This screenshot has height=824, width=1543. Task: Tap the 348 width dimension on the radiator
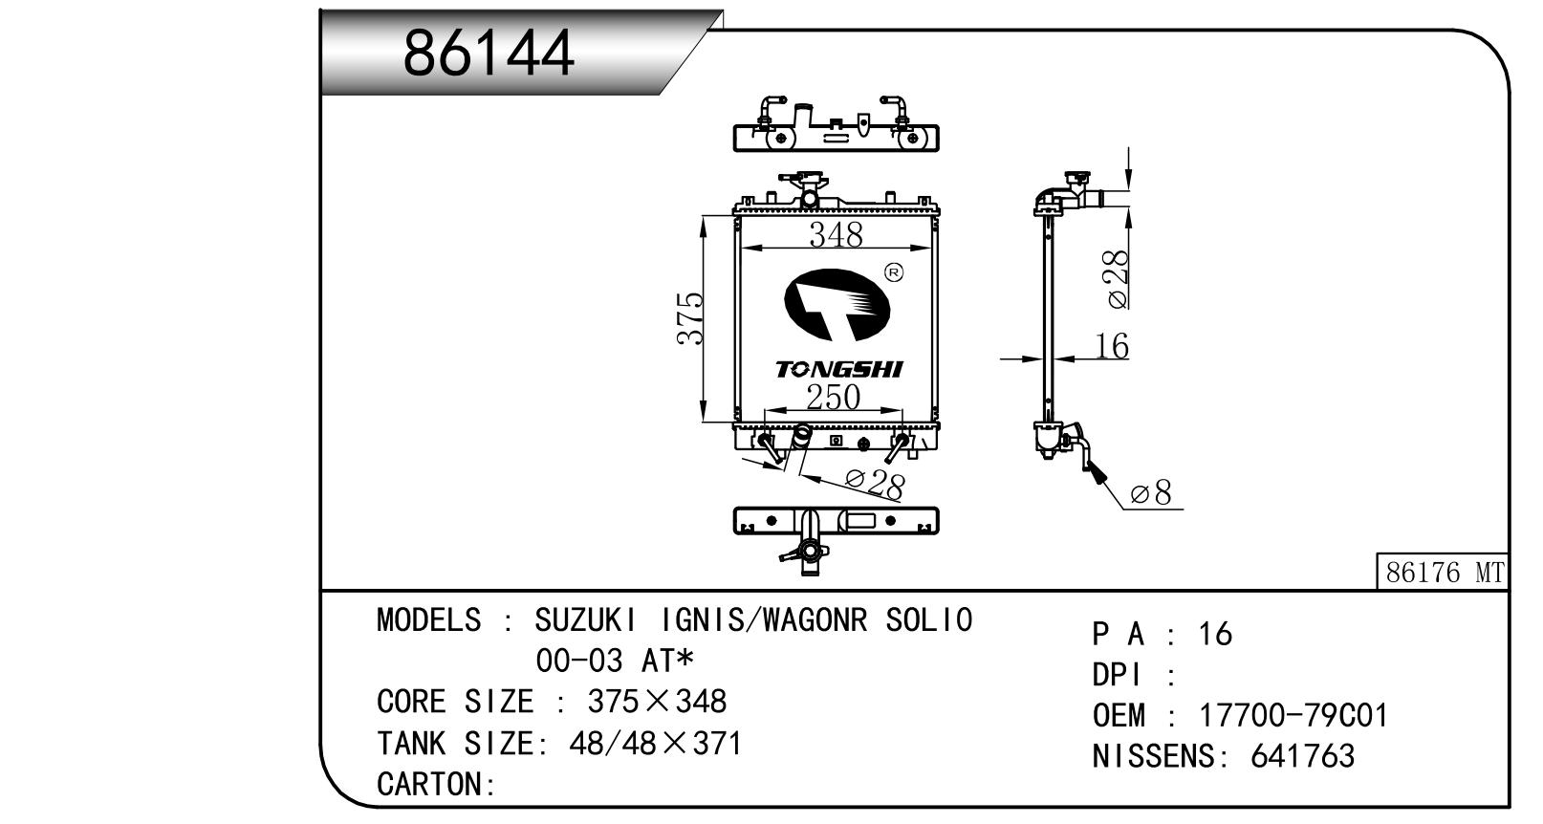click(x=836, y=234)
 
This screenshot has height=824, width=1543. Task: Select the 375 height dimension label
click(x=690, y=318)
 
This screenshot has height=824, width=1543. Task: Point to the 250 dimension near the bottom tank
click(x=832, y=397)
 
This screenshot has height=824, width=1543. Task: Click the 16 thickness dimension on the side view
click(x=1112, y=346)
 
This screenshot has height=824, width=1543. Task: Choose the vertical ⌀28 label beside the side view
click(x=1116, y=278)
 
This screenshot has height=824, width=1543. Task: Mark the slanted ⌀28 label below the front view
click(x=874, y=484)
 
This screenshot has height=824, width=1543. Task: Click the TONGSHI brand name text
click(x=838, y=369)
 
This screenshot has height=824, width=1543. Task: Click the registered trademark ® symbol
click(x=895, y=273)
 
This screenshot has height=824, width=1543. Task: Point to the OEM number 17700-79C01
click(x=1293, y=715)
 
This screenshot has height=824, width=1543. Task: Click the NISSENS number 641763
click(x=1302, y=756)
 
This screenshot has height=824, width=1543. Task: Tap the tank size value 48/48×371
click(x=655, y=743)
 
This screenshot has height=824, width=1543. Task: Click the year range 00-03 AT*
click(x=614, y=661)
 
